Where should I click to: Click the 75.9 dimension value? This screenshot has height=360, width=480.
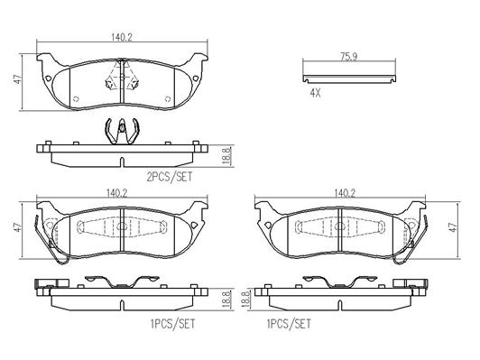click(348, 57)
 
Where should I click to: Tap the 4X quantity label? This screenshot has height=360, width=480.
click(315, 93)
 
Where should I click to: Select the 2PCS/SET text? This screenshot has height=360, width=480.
click(170, 177)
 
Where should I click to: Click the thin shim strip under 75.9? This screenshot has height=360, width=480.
click(349, 78)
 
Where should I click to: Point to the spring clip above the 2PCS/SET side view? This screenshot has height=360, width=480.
click(122, 131)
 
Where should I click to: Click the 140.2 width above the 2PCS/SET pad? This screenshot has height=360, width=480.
click(121, 37)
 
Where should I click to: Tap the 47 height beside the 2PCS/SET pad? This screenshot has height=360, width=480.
click(19, 79)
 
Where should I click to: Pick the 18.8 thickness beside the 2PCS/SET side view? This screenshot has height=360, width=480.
click(226, 156)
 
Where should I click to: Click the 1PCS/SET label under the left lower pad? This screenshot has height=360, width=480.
click(172, 324)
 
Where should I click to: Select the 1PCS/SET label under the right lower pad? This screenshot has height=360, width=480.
click(289, 324)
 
